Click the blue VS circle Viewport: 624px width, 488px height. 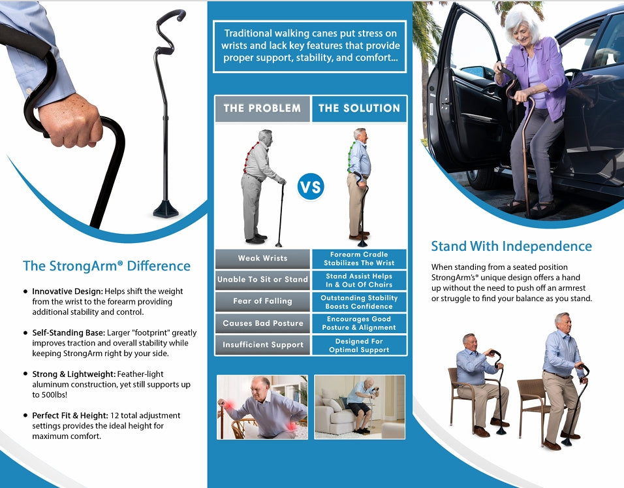[311, 186]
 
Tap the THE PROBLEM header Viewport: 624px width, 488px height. [262, 108]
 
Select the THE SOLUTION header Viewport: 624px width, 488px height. [359, 108]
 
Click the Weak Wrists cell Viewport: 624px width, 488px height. [262, 259]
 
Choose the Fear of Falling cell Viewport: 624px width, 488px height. [262, 302]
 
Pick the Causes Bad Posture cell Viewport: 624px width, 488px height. [262, 323]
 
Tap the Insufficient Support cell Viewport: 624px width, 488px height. [262, 344]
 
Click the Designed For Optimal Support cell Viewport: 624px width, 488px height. [359, 345]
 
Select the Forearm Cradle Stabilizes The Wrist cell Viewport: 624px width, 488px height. [359, 259]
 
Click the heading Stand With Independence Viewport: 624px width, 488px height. [511, 246]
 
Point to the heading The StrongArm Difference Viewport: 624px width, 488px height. [106, 266]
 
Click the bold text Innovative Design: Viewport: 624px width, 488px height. [68, 291]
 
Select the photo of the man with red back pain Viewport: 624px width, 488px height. [262, 407]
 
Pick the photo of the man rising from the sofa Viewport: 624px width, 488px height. [360, 407]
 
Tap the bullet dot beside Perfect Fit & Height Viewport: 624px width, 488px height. [26, 415]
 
